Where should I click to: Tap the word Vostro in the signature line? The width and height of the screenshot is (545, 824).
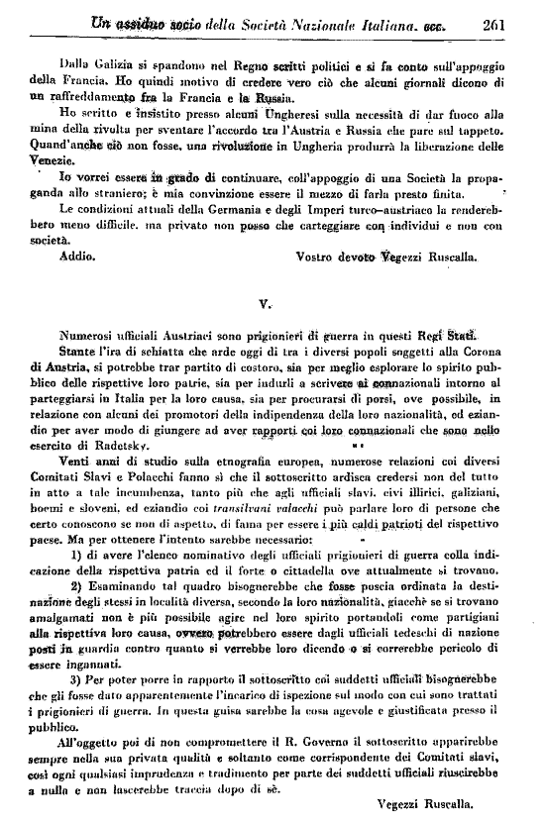coord(318,256)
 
